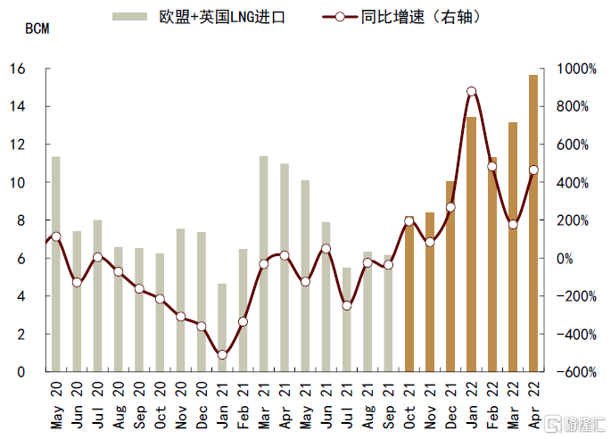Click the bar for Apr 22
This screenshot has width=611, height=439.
pyautogui.click(x=533, y=223)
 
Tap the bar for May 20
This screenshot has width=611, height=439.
pyautogui.click(x=55, y=264)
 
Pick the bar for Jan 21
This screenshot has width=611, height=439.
pyautogui.click(x=222, y=327)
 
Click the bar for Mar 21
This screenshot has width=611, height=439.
pyautogui.click(x=263, y=264)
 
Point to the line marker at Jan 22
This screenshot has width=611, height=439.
pyautogui.click(x=471, y=92)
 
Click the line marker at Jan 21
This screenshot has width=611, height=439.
pyautogui.click(x=222, y=355)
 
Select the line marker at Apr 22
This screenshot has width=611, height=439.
pyautogui.click(x=533, y=170)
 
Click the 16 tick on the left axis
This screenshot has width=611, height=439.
pyautogui.click(x=24, y=69)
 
